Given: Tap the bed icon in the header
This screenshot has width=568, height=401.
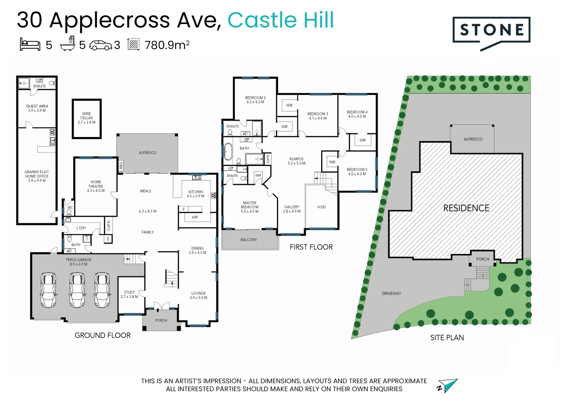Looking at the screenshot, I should pyautogui.click(x=30, y=44).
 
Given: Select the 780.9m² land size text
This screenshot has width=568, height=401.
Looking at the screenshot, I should pyautogui.click(x=167, y=45).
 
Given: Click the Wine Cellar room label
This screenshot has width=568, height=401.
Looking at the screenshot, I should pyautogui.click(x=87, y=118).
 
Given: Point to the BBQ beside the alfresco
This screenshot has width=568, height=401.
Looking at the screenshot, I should pyautogui.click(x=120, y=165).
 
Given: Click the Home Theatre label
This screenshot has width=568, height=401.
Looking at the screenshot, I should pyautogui.click(x=96, y=186).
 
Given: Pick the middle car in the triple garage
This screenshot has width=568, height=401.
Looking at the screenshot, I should pyautogui.click(x=77, y=290).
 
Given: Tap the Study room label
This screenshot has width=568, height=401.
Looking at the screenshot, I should pyautogui.click(x=129, y=294).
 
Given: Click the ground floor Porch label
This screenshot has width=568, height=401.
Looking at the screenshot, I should pyautogui.click(x=161, y=320).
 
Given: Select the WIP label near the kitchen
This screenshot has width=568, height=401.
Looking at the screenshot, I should pyautogui.click(x=195, y=217).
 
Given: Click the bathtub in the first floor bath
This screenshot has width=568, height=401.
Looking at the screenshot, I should pyautogui.click(x=228, y=152).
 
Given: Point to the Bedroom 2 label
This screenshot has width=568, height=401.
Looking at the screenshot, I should pyautogui.click(x=255, y=100).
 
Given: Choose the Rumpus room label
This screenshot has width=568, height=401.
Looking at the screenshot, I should pyautogui.click(x=297, y=161).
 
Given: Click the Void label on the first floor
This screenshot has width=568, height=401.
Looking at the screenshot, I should pyautogui.click(x=322, y=207).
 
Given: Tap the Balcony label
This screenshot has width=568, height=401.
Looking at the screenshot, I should pyautogui.click(x=249, y=240).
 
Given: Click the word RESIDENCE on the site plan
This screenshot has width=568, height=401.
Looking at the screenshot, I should pyautogui.click(x=466, y=208).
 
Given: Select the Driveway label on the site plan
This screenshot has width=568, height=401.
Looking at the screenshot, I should pyautogui.click(x=391, y=293).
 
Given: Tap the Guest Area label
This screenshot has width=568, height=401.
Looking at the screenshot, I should pyautogui.click(x=37, y=108).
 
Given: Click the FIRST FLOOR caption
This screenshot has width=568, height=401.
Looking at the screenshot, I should pyautogui.click(x=311, y=247).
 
